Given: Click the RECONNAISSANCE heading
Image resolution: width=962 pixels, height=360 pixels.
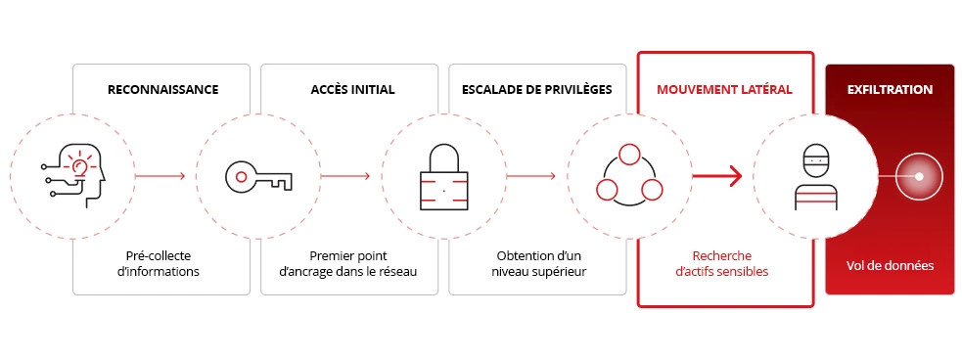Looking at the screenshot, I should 162,89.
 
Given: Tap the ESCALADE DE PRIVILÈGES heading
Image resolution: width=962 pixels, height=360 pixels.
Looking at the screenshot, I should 536,89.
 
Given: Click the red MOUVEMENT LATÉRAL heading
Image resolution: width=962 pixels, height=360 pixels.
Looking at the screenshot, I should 724,89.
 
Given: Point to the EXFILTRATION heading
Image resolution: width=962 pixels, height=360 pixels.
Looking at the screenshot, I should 889,89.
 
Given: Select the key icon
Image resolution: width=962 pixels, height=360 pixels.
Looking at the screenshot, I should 258,176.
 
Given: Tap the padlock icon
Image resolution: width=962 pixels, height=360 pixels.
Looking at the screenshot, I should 444,176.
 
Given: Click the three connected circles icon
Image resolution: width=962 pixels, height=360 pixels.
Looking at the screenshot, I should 629,176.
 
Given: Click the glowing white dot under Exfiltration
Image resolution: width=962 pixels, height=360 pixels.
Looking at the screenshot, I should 919,176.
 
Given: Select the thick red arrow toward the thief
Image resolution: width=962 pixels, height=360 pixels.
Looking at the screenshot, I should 716,176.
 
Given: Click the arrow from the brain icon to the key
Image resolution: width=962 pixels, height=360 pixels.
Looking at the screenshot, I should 160,176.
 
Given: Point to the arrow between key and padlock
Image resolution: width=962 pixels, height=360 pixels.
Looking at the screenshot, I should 345,176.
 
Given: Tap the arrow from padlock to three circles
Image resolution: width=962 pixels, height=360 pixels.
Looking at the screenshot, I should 531,176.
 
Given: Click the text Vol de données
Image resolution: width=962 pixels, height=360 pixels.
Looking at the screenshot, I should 890,265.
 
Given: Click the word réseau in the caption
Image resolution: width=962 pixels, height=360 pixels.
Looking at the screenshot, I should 396,271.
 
